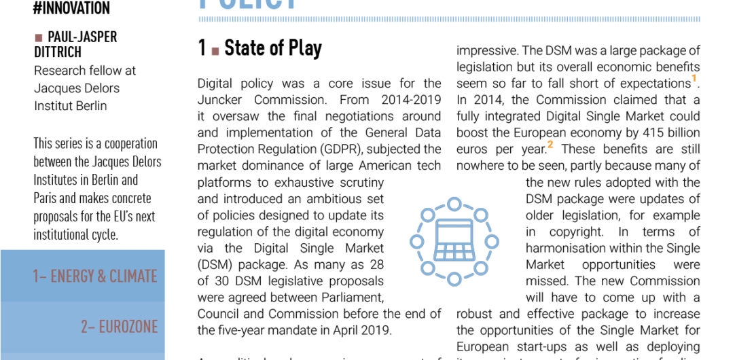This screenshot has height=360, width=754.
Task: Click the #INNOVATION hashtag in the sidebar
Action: (x=71, y=9)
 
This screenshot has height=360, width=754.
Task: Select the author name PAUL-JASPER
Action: (x=82, y=37)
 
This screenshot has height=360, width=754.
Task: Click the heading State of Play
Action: (x=272, y=48)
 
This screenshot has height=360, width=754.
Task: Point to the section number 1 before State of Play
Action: (x=202, y=48)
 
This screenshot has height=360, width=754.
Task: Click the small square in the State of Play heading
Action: (x=215, y=50)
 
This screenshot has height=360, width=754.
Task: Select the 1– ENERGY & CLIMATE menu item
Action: (x=95, y=276)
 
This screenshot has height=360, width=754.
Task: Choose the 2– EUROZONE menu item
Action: (x=119, y=327)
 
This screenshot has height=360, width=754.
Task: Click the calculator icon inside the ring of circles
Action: (x=454, y=240)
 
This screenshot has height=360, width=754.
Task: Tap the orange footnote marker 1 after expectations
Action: (x=694, y=79)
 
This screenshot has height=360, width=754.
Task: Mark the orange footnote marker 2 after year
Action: (x=551, y=145)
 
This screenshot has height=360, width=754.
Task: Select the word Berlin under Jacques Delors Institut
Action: (x=88, y=105)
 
